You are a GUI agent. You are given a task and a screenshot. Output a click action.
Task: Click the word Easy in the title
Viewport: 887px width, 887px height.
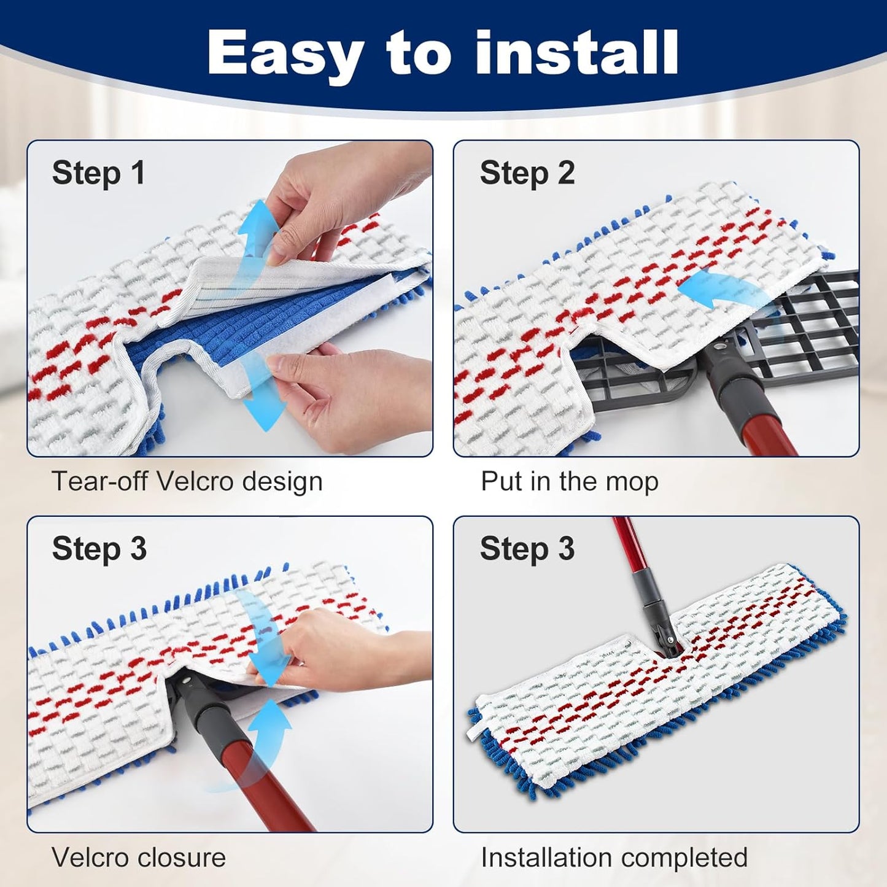pos(285,54)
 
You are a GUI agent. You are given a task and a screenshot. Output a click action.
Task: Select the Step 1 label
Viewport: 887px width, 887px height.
pos(99,172)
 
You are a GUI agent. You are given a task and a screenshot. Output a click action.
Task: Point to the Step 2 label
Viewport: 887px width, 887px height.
pos(527,172)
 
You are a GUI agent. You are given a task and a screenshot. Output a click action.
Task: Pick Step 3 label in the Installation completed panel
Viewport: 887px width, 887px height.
pos(527,548)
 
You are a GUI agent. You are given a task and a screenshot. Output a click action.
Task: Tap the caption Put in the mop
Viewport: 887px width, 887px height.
pos(569,481)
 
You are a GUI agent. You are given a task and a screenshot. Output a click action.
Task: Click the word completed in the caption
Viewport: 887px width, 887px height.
pos(683,857)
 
